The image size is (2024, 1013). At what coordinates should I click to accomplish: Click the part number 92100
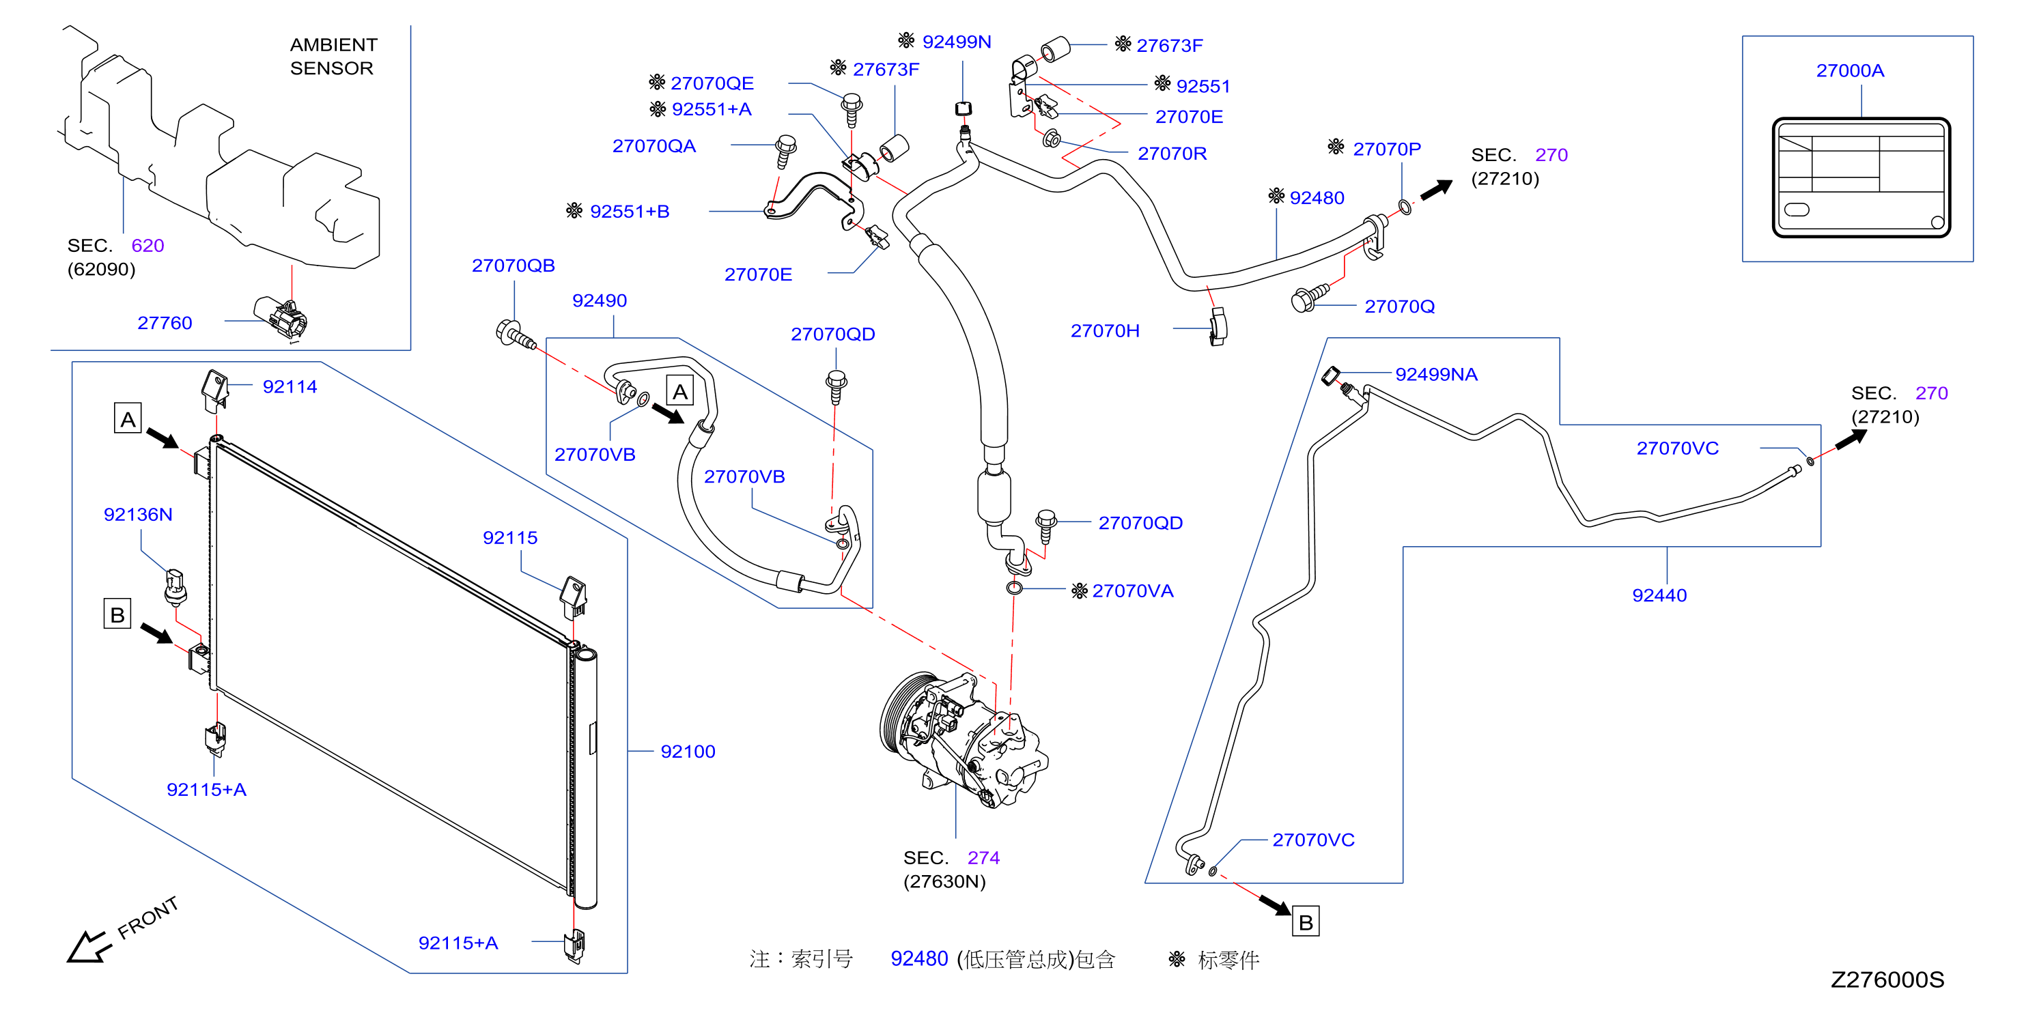688,752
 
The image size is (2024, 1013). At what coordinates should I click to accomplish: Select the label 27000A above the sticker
1850,71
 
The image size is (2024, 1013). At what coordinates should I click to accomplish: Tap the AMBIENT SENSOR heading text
333,57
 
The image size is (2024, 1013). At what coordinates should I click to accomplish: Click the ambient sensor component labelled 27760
282,317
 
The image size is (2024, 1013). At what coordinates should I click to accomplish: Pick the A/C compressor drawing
963,738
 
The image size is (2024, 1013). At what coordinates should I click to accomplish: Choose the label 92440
1659,595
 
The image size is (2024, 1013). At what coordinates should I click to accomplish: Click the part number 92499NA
1435,375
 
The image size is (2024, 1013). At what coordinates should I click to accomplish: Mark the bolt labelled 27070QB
516,335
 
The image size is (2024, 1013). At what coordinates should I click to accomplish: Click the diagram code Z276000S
1887,980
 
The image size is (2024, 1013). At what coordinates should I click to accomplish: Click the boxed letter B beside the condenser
117,614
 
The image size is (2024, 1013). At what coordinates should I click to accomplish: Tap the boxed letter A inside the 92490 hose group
679,391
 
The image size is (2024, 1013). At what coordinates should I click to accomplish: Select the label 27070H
1105,330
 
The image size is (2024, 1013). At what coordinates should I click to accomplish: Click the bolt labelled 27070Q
1308,298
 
